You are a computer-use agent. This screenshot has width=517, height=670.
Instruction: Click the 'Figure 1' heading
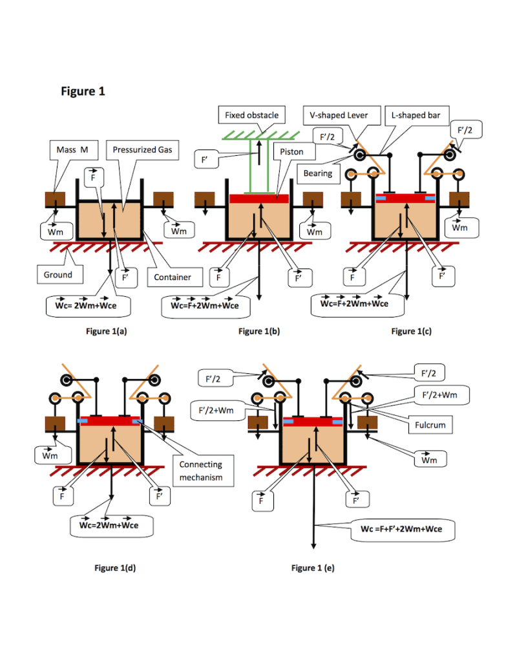tap(83, 92)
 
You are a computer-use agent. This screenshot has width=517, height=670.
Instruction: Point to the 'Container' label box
tap(173, 277)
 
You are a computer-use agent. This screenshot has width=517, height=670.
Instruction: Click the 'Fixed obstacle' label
tap(251, 115)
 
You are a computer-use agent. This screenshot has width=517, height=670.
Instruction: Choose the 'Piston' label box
tap(292, 152)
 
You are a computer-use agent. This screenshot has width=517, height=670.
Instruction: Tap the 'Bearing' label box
tap(318, 173)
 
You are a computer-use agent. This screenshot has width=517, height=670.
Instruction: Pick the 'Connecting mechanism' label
tap(200, 471)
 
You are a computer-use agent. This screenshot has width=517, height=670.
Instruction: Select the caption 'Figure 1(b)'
tap(259, 331)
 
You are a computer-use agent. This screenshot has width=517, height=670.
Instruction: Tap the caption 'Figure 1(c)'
tap(412, 331)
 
